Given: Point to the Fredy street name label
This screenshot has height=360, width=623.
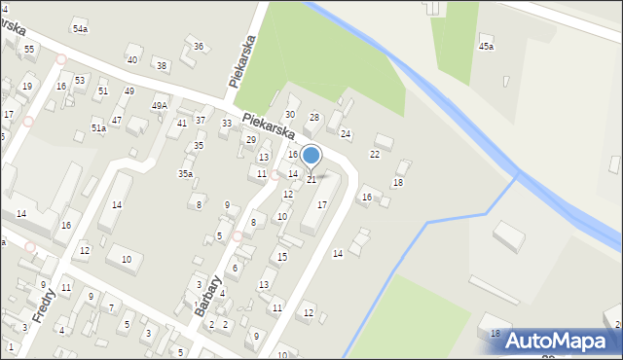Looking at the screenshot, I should (x=45, y=304).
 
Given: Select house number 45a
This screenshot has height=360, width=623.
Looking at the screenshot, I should (x=486, y=47).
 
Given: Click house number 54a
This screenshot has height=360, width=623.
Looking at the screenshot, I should (x=80, y=29).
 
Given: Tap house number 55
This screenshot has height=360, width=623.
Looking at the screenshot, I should (x=29, y=50).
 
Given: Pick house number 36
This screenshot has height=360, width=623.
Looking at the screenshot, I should (x=199, y=47).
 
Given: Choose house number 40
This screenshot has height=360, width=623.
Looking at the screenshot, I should (x=132, y=60).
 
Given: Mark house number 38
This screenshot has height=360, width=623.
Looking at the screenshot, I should (x=162, y=66).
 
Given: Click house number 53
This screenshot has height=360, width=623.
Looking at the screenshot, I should (x=80, y=80).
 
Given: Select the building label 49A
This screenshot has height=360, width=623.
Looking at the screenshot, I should (x=160, y=105).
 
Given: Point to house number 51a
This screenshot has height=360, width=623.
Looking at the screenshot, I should (x=98, y=127).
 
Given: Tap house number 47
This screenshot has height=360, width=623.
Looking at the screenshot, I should (x=116, y=120).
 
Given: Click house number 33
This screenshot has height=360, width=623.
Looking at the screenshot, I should (x=227, y=124).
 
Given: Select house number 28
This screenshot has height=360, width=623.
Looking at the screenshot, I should (x=313, y=118).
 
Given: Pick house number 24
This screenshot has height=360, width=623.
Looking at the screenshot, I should (x=345, y=133).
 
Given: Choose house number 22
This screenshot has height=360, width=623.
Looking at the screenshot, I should (x=375, y=154).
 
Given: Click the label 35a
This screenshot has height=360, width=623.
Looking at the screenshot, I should (x=185, y=173).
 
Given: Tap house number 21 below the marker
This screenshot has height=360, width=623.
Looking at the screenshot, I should (x=311, y=179).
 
